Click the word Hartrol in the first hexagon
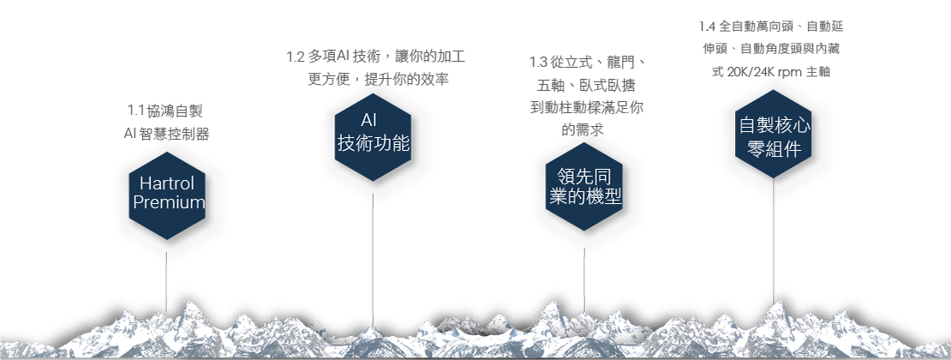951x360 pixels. [166, 184]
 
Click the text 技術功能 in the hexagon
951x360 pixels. [373, 143]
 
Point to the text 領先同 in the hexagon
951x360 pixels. [583, 174]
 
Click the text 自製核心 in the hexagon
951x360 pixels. [775, 125]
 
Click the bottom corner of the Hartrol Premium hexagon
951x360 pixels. [166, 239]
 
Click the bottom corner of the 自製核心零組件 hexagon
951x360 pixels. [775, 178]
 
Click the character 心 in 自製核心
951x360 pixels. [802, 125]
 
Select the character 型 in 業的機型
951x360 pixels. [612, 197]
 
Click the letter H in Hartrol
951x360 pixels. [145, 184]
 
